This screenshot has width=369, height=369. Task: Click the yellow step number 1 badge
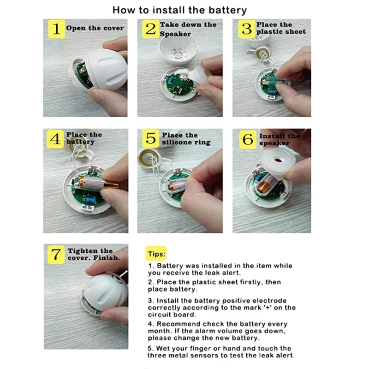(x=56, y=29)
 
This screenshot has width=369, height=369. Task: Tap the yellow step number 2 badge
(x=151, y=29)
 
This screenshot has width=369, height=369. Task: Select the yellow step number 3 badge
(x=247, y=29)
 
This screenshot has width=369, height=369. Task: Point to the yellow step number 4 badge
(x=55, y=139)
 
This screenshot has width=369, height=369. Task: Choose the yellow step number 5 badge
(x=151, y=138)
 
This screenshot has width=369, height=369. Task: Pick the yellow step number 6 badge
(x=248, y=139)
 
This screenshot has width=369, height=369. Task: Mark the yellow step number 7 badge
(x=56, y=255)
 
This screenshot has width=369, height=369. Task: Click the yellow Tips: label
(x=156, y=254)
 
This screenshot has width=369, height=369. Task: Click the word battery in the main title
(x=228, y=10)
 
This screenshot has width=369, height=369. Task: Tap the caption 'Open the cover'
(x=95, y=28)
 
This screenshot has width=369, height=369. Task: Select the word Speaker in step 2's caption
(x=175, y=34)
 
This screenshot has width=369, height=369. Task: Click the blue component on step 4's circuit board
(x=90, y=201)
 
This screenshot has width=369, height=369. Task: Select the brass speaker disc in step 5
(x=148, y=158)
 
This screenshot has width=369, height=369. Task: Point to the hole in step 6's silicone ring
(x=278, y=161)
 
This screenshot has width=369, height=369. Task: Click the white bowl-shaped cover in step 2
(x=178, y=50)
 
